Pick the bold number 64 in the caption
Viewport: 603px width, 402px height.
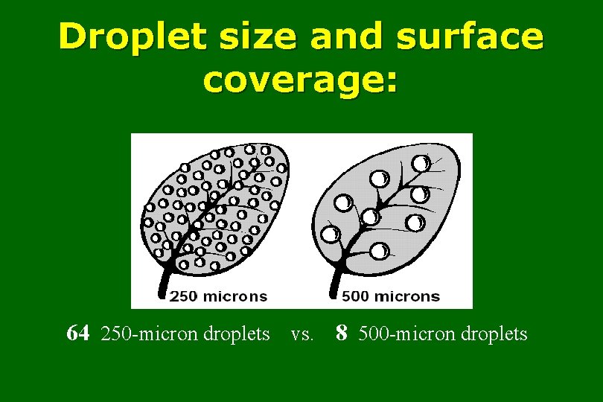(78, 333)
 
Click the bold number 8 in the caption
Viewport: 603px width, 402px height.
(341, 333)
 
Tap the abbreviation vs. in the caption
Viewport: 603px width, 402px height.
(301, 334)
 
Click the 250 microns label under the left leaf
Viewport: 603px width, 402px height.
(218, 296)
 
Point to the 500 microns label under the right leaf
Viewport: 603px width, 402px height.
(390, 296)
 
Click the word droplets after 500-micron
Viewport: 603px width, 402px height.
(494, 334)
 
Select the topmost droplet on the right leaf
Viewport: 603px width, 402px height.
(421, 162)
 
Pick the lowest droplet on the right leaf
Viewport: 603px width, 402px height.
(379, 252)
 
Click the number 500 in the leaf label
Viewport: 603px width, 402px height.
(357, 296)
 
